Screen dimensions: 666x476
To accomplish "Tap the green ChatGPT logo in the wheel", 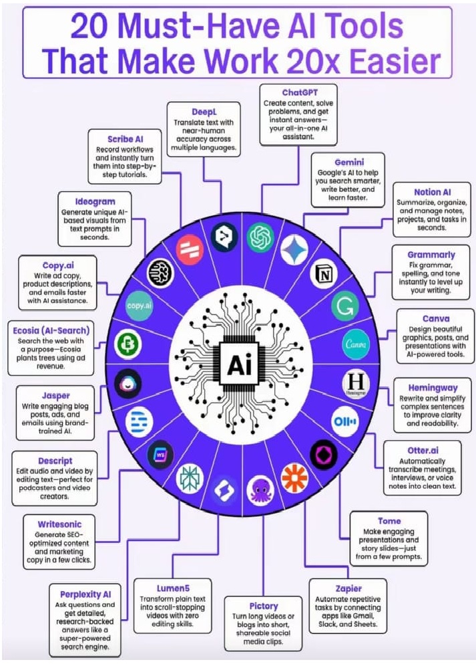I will [x=260, y=237].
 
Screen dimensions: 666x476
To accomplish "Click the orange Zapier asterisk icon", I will [x=294, y=478].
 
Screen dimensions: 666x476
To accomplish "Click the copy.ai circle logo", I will [x=140, y=306].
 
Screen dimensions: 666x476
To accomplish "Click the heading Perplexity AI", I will [x=85, y=593].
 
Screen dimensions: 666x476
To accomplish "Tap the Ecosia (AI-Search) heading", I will [x=51, y=330].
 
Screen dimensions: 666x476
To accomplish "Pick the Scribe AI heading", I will [x=125, y=139].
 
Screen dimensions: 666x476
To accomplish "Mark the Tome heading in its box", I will [x=390, y=520].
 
